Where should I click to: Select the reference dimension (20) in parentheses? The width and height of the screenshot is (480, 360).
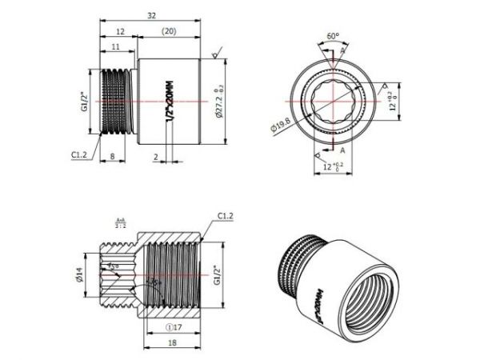(169, 31)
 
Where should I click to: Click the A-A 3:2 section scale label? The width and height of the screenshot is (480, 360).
(121, 223)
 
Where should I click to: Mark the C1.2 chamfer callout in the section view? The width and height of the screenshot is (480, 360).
(226, 216)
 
